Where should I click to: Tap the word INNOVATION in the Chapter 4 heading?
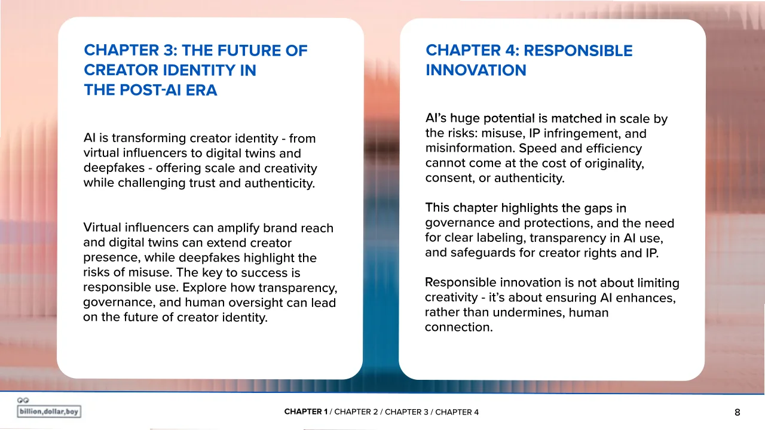pyautogui.click(x=476, y=70)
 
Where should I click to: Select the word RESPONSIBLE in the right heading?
pyautogui.click(x=578, y=51)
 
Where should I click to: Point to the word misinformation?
pyautogui.click(x=470, y=148)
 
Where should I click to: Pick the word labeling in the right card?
pyautogui.click(x=500, y=238)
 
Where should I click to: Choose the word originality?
pyautogui.click(x=614, y=164)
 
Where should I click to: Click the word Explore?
pyautogui.click(x=204, y=288)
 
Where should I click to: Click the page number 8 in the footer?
pyautogui.click(x=738, y=413)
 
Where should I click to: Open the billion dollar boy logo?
pyautogui.click(x=49, y=408)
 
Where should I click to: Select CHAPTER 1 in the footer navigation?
pyautogui.click(x=305, y=412)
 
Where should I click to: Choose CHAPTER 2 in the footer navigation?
pyautogui.click(x=356, y=412)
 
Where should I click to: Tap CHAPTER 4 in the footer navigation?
pyautogui.click(x=457, y=412)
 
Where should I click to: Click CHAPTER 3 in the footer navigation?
pyautogui.click(x=406, y=412)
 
